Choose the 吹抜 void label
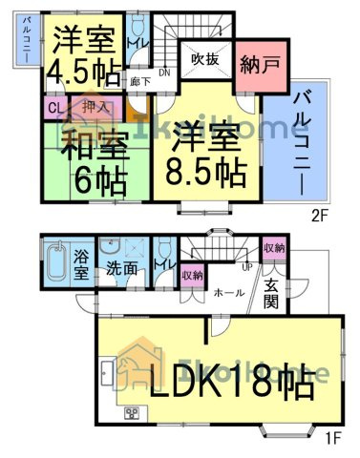coord(205,60)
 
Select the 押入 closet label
coord(94,109)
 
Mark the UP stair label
coord(248,267)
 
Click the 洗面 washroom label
coord(121,268)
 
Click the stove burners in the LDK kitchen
coord(131,412)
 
